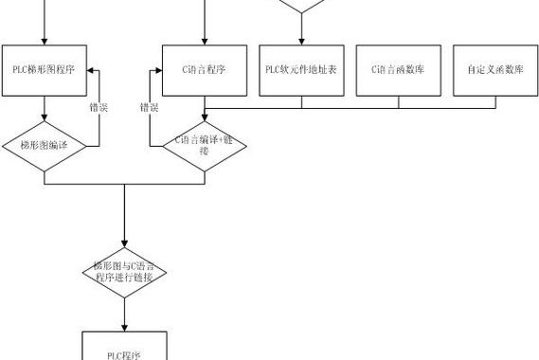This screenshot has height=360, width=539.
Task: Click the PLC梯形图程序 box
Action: coord(45,68)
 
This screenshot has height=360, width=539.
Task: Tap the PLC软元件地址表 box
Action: coord(301,68)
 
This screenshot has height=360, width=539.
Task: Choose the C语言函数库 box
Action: coord(398,68)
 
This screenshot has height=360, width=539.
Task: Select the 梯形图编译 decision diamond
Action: coord(45,146)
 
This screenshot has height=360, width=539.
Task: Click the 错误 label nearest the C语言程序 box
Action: coord(150,108)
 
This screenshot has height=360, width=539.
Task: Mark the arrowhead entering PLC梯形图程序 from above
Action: coord(45,41)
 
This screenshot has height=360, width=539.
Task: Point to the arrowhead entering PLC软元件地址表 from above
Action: coord(301,41)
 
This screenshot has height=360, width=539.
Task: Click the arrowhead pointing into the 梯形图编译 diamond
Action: coord(45,120)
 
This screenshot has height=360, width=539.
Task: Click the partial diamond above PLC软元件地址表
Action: coord(301,6)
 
